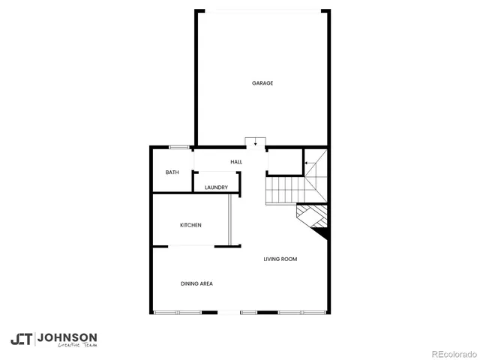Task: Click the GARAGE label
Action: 262,83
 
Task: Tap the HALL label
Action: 236,162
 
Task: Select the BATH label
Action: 172,172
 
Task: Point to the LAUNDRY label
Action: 216,187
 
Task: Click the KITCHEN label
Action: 190,225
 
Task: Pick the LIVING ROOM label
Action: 280,259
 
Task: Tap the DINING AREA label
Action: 196,283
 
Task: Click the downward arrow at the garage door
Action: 256,142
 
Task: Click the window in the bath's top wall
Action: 178,146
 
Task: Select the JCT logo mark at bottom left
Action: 22,339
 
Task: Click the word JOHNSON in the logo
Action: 67,337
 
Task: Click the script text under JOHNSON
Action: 67,347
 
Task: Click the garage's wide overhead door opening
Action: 262,10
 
